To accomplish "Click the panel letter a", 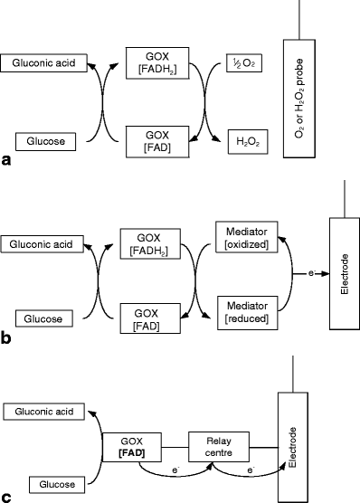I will [7, 161].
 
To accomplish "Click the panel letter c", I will [7, 495].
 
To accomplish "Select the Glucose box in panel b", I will [41, 319].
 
